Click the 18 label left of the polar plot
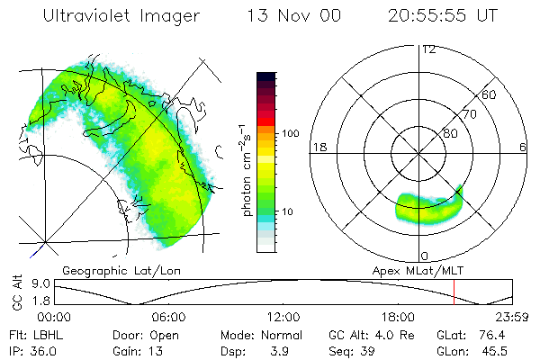[x=319, y=147]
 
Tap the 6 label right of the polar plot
[x=523, y=147]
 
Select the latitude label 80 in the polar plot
[x=450, y=133]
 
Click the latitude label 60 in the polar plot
[x=490, y=94]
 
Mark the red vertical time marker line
[x=454, y=292]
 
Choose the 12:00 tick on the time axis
[x=283, y=317]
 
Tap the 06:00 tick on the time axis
[x=168, y=317]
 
